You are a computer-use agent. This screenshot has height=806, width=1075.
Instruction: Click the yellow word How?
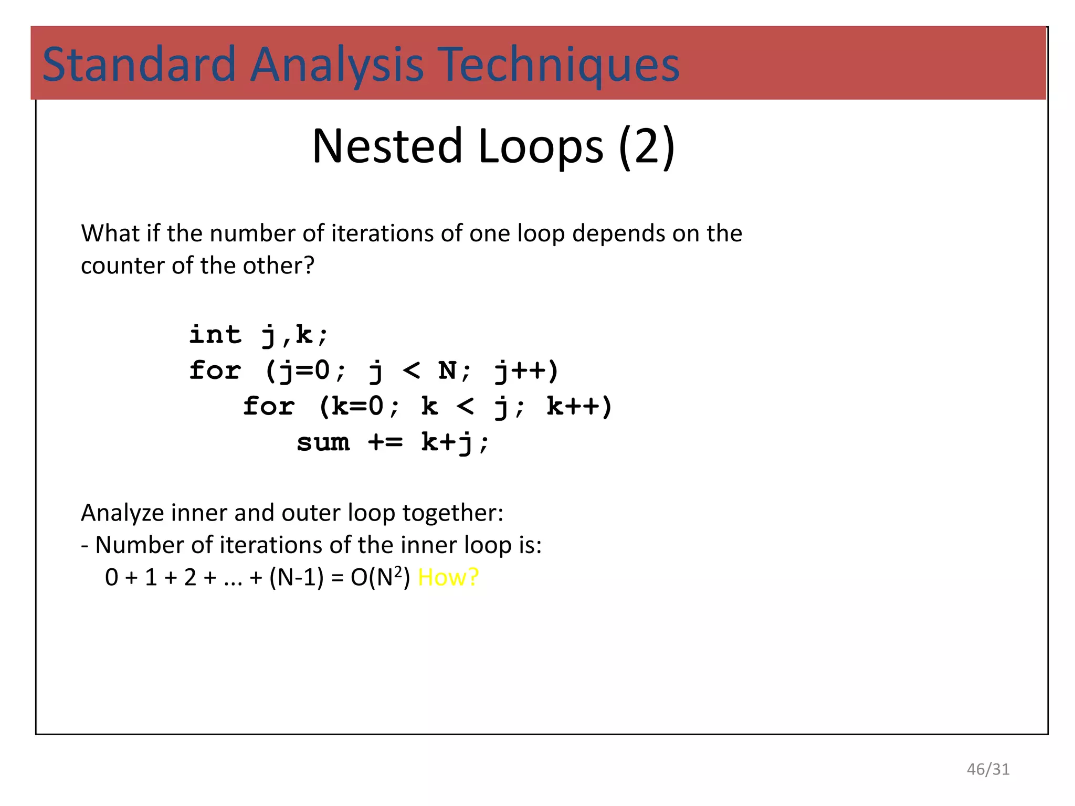(448, 577)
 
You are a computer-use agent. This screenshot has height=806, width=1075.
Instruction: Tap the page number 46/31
(988, 769)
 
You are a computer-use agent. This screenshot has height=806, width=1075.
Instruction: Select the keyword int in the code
(215, 335)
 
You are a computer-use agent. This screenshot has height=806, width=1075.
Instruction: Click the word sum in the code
(323, 442)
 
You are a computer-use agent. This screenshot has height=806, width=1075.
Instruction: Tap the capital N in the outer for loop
(448, 371)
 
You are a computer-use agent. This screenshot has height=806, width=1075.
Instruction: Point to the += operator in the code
(385, 442)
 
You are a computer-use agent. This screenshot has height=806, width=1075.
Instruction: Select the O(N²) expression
(380, 577)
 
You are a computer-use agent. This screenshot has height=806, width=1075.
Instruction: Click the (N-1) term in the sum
(297, 577)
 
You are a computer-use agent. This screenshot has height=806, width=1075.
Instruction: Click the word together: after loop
(452, 513)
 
